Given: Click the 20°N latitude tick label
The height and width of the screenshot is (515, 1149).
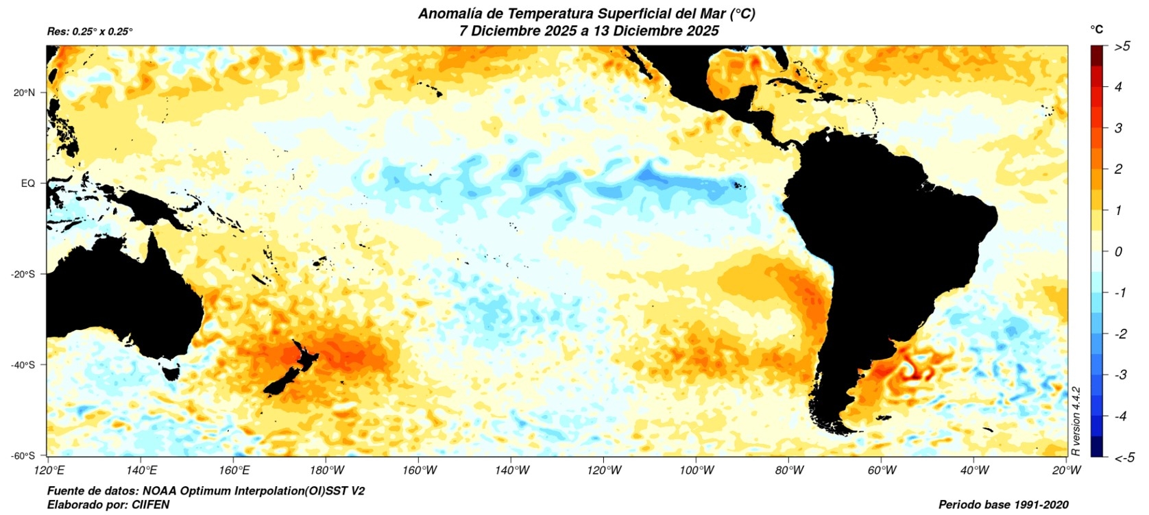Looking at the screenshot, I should [24, 92].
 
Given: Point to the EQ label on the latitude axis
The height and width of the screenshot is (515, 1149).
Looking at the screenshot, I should [28, 184].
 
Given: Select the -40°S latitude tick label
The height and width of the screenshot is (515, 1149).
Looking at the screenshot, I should [23, 365].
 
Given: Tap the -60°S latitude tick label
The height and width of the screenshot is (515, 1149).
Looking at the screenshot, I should [23, 456].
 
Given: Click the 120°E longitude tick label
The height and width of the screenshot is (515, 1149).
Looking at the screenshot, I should [49, 470].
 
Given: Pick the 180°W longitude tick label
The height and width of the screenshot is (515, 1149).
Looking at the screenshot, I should [327, 470].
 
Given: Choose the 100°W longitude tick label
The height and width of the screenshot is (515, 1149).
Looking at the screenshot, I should [697, 470].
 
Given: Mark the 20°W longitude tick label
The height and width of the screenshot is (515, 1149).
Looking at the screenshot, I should [1067, 470].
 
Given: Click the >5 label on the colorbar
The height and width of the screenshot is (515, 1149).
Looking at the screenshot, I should [1122, 47].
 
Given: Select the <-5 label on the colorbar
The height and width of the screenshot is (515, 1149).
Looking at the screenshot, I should [1124, 457].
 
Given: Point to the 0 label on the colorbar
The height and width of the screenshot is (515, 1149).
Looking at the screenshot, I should [1118, 251].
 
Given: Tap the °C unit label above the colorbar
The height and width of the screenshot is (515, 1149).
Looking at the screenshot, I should [1097, 29].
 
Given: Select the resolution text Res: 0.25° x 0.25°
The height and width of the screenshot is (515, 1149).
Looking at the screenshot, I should [90, 32].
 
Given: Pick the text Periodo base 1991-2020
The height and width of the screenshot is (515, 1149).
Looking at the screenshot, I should [1003, 505].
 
